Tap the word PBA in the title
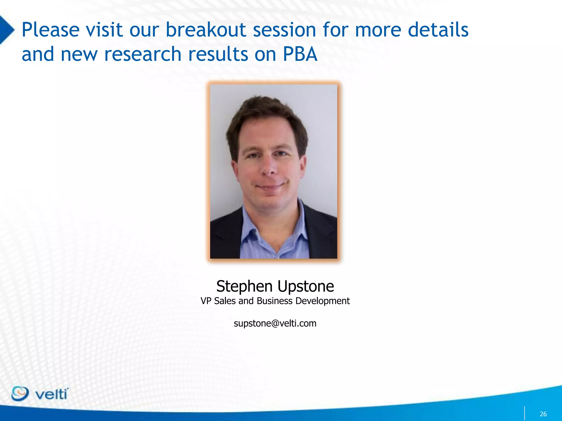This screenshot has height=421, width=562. pos(300,54)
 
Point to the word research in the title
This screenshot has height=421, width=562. pos(143,54)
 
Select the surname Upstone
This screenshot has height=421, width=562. pos(306,287)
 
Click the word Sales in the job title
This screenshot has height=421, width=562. pos(225,301)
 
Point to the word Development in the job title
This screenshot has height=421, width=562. pos(322,301)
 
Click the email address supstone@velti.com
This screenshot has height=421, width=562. pos(275,323)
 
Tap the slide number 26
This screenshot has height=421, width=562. pos(543,414)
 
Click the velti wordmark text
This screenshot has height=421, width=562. pos(51,394)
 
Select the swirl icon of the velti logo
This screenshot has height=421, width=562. pos(20,394)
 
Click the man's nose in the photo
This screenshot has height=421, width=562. pos(269,170)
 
